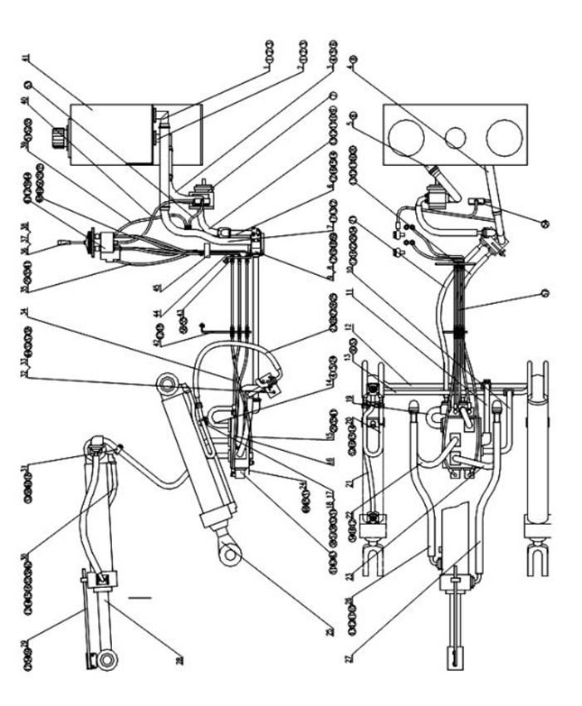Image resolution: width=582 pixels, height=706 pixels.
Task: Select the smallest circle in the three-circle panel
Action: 452,137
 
